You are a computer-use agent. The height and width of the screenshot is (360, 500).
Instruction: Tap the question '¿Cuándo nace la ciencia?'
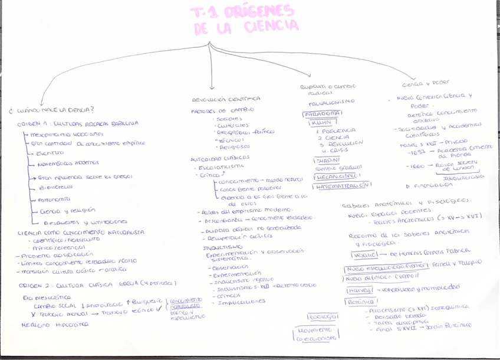pyautogui.click(x=52, y=110)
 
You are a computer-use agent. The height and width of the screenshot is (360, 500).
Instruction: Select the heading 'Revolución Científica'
pyautogui.click(x=226, y=99)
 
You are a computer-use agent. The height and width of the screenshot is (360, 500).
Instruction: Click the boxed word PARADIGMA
pyautogui.click(x=322, y=113)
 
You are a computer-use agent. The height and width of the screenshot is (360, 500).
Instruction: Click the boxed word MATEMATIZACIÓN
pyautogui.click(x=342, y=185)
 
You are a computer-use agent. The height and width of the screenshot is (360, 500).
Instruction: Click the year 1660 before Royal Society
pyautogui.click(x=416, y=166)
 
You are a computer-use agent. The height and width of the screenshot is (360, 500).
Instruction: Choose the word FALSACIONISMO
pyautogui.click(x=323, y=102)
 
